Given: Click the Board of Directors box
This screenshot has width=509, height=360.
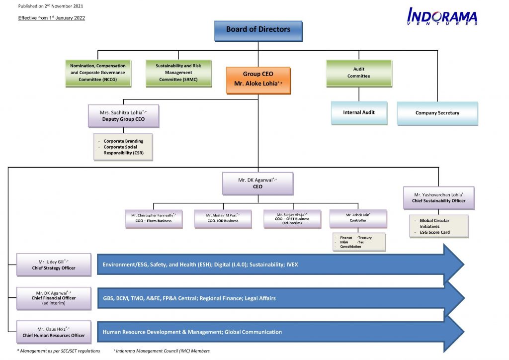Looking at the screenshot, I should pyautogui.click(x=258, y=30).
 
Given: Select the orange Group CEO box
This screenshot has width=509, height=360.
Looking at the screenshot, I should pyautogui.click(x=258, y=80).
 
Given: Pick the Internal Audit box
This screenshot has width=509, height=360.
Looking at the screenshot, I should pyautogui.click(x=358, y=113).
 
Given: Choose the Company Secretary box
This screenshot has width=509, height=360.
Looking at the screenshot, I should pyautogui.click(x=437, y=113).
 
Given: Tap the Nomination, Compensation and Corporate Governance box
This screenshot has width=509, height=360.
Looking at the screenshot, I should pyautogui.click(x=97, y=73).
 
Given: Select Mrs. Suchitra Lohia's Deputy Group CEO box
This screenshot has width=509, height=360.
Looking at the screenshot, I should pyautogui.click(x=123, y=116).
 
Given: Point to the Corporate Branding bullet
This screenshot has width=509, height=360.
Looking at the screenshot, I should pyautogui.click(x=123, y=141).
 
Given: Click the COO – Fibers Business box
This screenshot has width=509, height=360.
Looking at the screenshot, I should pyautogui.click(x=154, y=218).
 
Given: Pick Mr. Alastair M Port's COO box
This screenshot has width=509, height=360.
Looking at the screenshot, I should pyautogui.click(x=223, y=218).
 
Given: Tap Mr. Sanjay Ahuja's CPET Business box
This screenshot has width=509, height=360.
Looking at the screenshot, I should pyautogui.click(x=292, y=219).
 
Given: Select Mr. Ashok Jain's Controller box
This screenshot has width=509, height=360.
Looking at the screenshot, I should pyautogui.click(x=357, y=218).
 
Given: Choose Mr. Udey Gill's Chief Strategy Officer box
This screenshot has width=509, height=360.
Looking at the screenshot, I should pyautogui.click(x=54, y=265).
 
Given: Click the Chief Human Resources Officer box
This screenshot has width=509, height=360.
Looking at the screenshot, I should pyautogui.click(x=54, y=332).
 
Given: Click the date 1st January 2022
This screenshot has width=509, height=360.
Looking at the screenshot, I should pyautogui.click(x=66, y=18).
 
